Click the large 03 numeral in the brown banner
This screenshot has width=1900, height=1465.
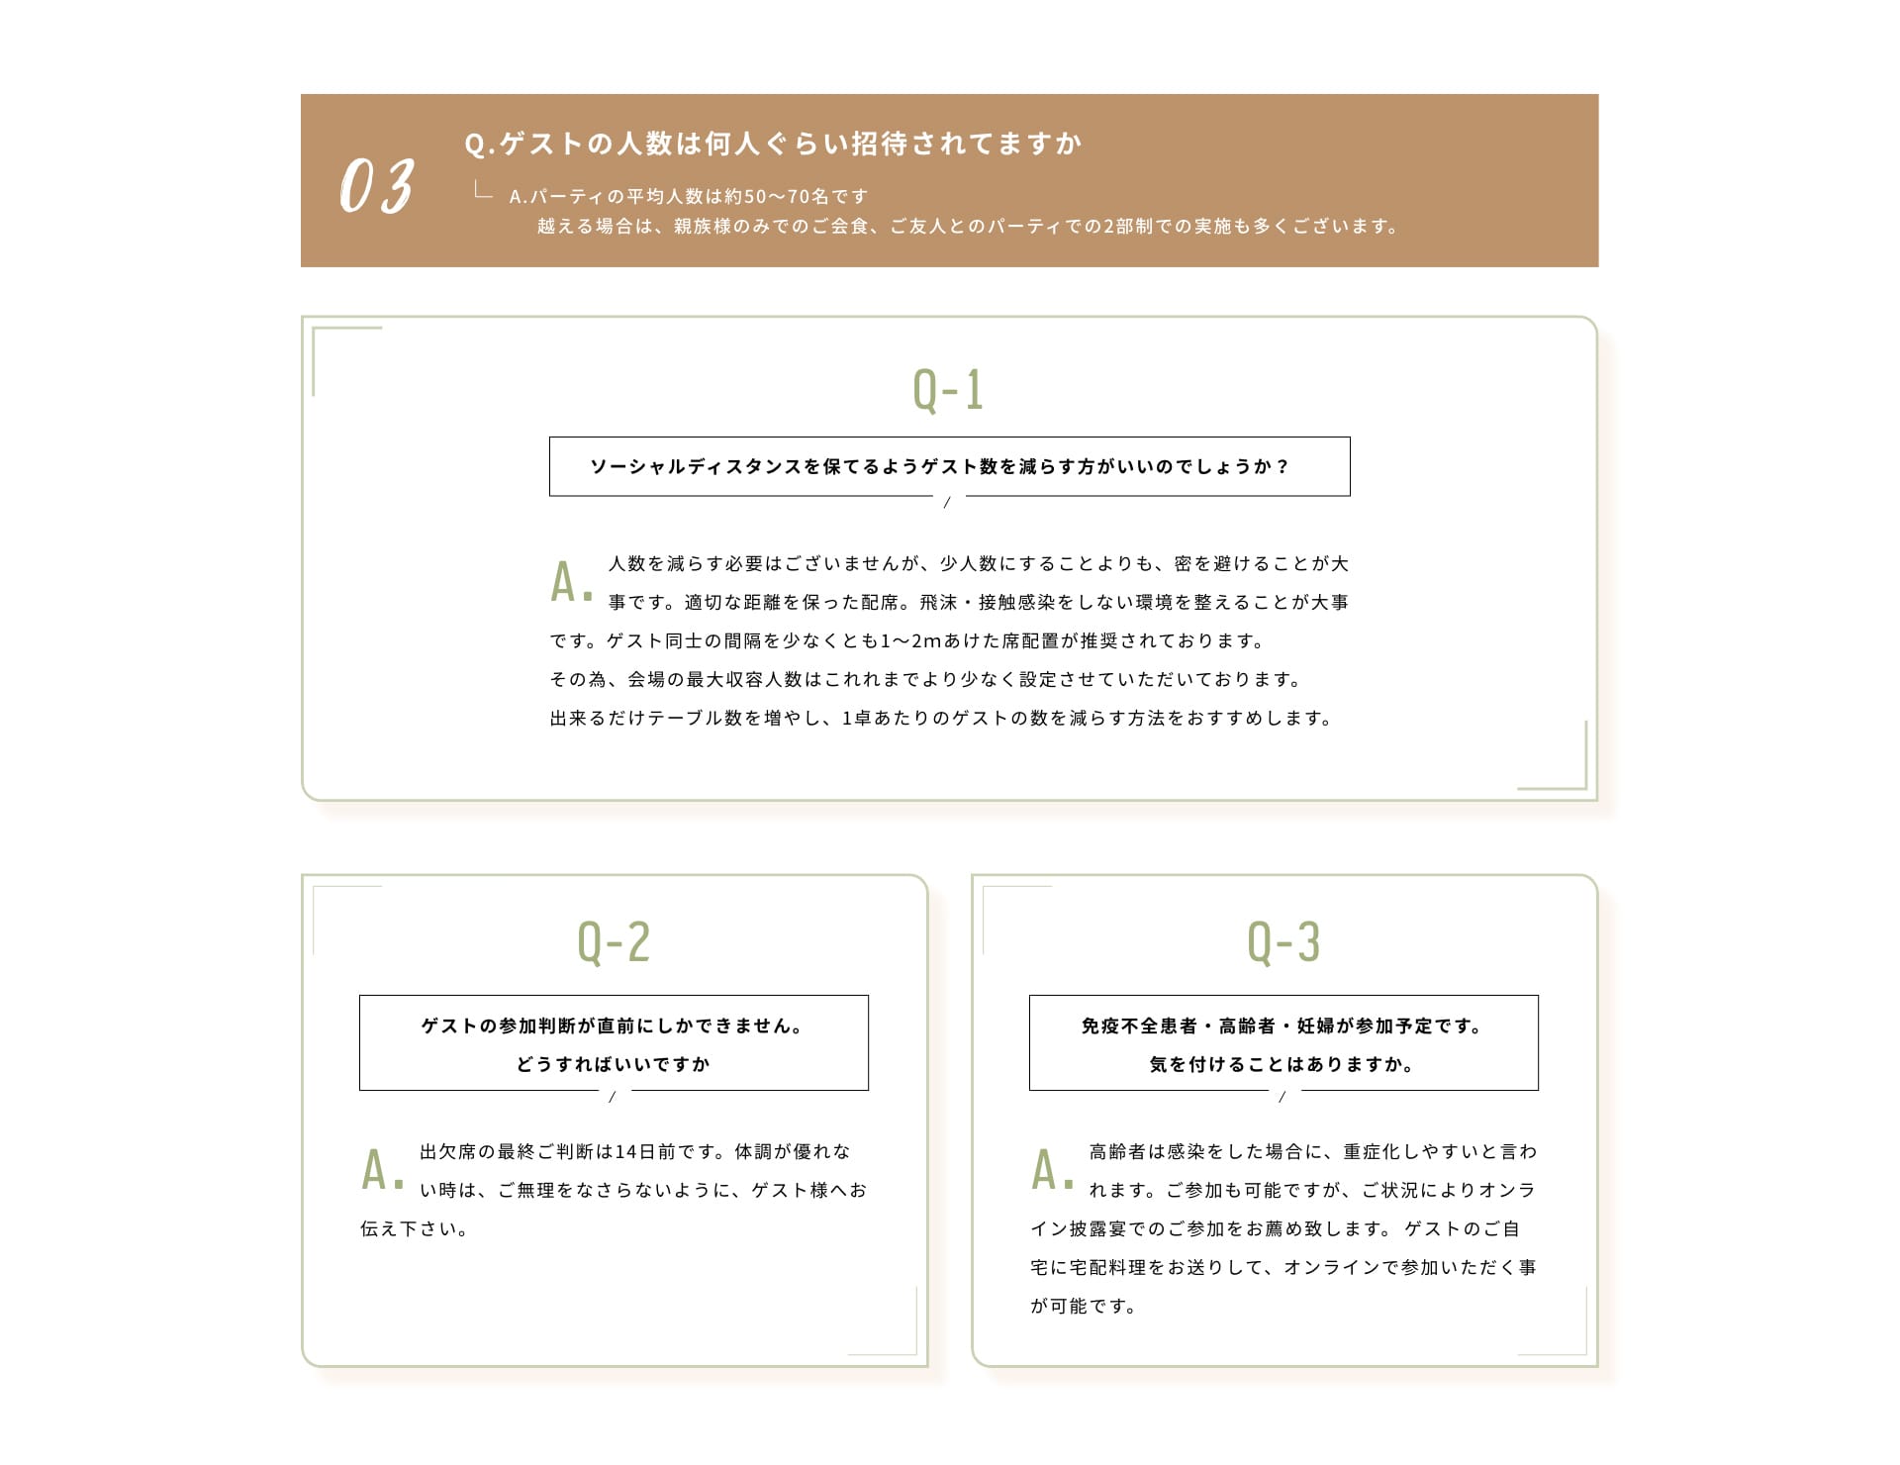tap(376, 186)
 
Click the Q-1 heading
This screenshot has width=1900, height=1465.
tap(948, 390)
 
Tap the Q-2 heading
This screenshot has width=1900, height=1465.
tap(614, 942)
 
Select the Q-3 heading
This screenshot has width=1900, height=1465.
tap(1283, 942)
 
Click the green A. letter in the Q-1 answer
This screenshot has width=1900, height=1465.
tap(571, 583)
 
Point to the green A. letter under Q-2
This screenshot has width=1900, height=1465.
tap(382, 1171)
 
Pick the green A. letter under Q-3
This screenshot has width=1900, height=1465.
tap(1052, 1171)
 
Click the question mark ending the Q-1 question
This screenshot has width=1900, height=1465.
tap(1282, 467)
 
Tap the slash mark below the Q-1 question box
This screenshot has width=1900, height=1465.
tap(947, 503)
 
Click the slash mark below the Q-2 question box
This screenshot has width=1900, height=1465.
tap(613, 1097)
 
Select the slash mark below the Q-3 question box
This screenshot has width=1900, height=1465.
tap(1282, 1097)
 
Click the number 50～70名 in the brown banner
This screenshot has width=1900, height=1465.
tap(786, 197)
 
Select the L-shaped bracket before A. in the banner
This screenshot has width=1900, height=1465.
tap(483, 191)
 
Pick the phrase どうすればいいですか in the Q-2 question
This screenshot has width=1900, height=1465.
tap(614, 1065)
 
